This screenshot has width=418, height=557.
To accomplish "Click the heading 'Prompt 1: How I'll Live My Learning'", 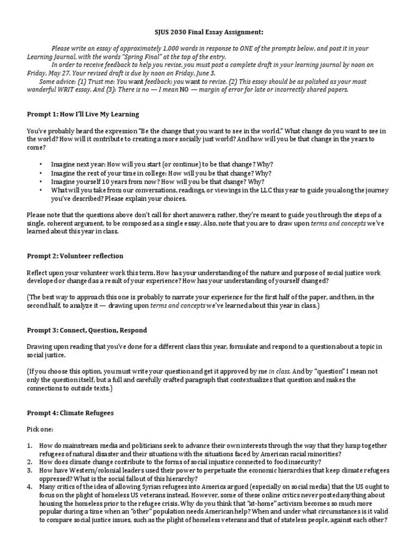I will pyautogui.click(x=83, y=114).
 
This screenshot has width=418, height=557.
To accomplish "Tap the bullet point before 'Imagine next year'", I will pyautogui.click(x=41, y=164).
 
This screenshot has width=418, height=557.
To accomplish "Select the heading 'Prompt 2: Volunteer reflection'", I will pyautogui.click(x=75, y=256).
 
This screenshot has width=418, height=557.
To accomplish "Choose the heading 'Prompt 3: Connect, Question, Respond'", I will pyautogui.click(x=87, y=330).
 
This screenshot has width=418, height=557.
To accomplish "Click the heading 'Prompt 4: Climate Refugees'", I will pyautogui.click(x=71, y=413).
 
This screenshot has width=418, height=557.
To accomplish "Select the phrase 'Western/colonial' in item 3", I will pyautogui.click(x=83, y=471).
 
